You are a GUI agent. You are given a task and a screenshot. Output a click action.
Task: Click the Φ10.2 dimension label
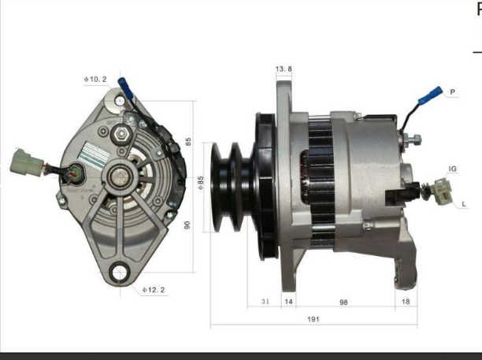coord(95,79)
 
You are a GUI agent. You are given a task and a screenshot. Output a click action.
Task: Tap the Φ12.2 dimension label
coord(154,290)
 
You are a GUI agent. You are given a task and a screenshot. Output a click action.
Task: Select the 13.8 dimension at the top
coord(284,69)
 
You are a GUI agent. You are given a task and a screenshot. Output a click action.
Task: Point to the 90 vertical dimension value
coord(188,225)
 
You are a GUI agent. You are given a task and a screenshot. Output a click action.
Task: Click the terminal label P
coord(453,92)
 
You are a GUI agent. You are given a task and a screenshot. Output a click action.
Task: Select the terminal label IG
coord(453,169)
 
